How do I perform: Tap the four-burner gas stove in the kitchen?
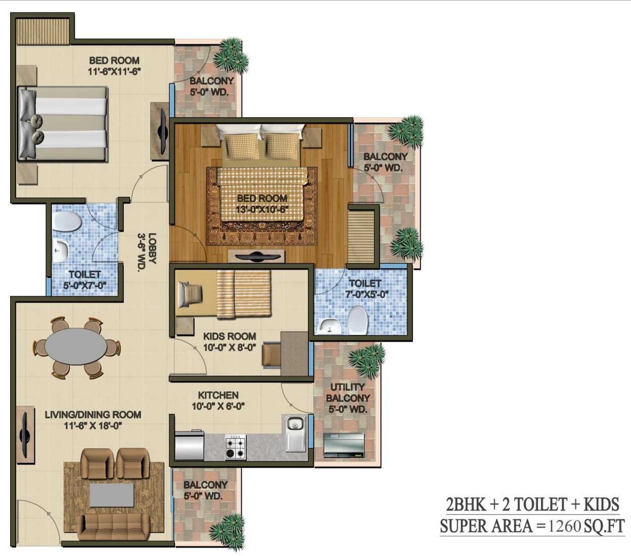[236, 447]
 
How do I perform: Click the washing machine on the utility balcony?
[343, 445]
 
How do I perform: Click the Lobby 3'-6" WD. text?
[147, 252]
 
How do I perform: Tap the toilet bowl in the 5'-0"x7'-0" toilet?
[67, 222]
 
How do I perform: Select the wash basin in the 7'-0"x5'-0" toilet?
[328, 325]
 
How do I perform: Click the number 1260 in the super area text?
[564, 526]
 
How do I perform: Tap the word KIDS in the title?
[601, 504]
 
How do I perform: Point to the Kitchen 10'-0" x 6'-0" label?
[218, 401]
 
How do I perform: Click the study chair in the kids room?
[272, 354]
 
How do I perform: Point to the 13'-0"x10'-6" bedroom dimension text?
[261, 209]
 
